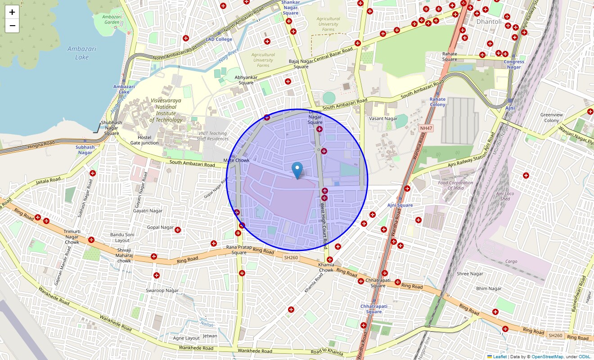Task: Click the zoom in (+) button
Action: (x=12, y=12)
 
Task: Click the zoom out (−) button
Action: (x=12, y=26)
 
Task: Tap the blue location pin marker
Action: (x=297, y=170)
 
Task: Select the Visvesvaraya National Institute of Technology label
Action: (x=166, y=110)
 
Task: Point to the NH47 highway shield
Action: (x=425, y=128)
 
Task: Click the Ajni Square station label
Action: (x=400, y=205)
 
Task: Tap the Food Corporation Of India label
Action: (x=456, y=185)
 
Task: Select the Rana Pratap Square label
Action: (x=236, y=250)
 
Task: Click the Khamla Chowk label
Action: (x=326, y=267)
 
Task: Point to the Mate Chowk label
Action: (x=236, y=160)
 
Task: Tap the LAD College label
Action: (x=219, y=39)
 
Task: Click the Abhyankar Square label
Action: (x=246, y=80)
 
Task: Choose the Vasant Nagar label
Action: (x=383, y=119)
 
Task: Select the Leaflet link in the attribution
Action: (x=499, y=357)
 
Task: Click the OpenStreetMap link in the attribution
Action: (x=547, y=357)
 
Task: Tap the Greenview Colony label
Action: (x=552, y=117)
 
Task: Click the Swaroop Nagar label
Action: (x=162, y=290)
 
